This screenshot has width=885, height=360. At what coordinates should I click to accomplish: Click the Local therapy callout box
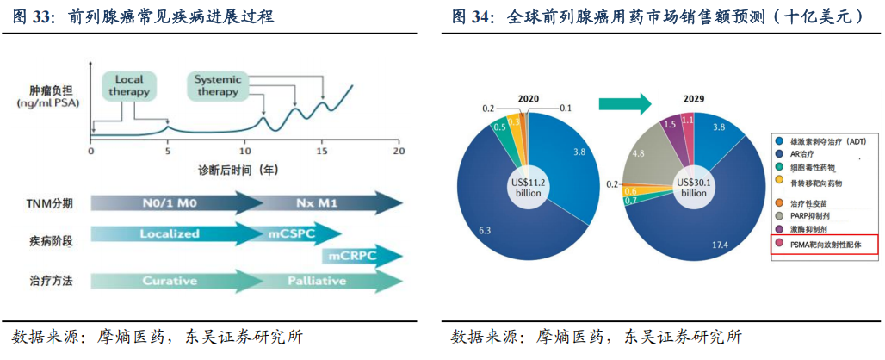tap(130, 85)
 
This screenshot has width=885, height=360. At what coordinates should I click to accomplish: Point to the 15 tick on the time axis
tap(322, 151)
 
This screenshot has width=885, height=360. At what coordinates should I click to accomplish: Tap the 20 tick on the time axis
tap(399, 151)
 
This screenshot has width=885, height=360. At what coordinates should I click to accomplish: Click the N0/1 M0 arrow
tap(176, 204)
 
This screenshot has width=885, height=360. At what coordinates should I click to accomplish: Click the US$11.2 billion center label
tap(528, 186)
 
